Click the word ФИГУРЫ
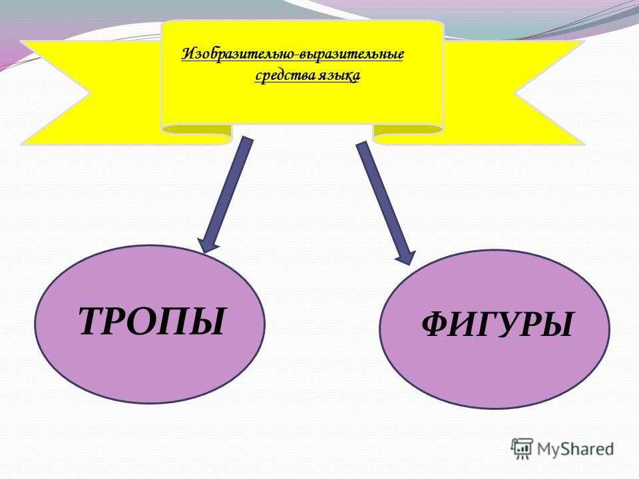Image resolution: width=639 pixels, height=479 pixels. [x=498, y=324]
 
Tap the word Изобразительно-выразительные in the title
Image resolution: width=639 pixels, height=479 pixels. [x=293, y=55]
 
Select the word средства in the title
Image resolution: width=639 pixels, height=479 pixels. [x=280, y=76]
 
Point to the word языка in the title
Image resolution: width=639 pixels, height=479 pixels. [x=334, y=77]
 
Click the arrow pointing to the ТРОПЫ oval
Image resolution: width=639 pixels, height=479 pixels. [x=226, y=195]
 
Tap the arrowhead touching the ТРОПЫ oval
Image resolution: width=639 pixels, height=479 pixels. [x=207, y=245]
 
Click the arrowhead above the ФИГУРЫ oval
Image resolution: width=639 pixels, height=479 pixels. [x=406, y=257]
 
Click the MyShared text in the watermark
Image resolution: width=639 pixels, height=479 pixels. [x=575, y=449]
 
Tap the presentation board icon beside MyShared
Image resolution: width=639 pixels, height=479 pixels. [x=522, y=449]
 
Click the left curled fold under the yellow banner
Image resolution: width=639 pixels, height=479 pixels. [x=196, y=132]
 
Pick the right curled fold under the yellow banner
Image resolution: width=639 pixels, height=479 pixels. [x=408, y=132]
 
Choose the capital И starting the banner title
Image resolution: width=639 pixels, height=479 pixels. [x=188, y=53]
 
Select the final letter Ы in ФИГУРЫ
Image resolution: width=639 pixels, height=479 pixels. [x=557, y=325]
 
